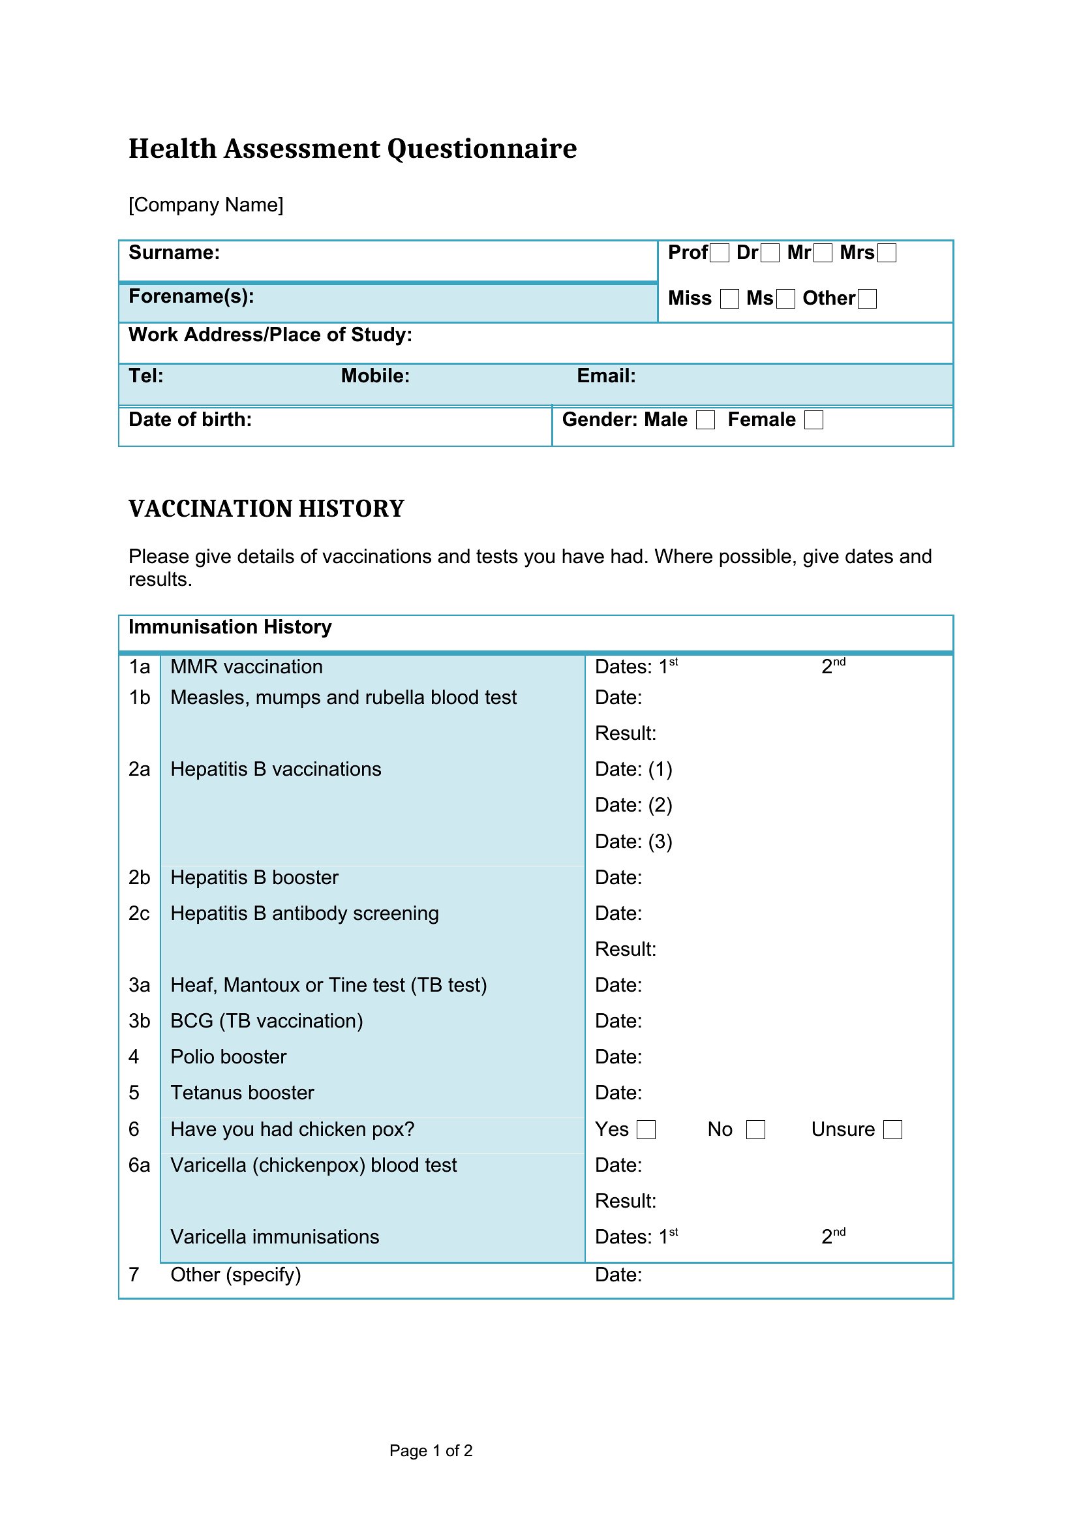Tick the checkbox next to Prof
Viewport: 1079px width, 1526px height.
[720, 253]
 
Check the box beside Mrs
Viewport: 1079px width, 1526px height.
[887, 253]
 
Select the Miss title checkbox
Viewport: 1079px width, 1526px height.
[729, 299]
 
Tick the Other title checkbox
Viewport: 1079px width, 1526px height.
[867, 299]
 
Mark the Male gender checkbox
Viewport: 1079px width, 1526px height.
[706, 420]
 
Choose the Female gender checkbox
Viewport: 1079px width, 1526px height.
[814, 420]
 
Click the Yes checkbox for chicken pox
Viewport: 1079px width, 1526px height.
[646, 1130]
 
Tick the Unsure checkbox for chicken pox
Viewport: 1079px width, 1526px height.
[893, 1130]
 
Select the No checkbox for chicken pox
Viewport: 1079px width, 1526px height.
[756, 1130]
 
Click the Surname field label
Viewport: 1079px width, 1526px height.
[174, 253]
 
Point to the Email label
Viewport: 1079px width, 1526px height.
[606, 376]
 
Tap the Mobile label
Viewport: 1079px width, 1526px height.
[375, 376]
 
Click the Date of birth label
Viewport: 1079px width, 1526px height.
[190, 420]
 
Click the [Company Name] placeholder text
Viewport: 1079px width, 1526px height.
[206, 205]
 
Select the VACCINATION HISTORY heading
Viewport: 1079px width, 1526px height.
[266, 509]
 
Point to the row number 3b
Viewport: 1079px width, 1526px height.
[140, 1021]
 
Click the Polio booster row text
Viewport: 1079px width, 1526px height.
[228, 1057]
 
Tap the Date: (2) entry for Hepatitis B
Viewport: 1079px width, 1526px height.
[634, 806]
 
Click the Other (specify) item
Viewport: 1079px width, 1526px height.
[236, 1275]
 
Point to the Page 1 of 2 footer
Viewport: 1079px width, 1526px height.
[431, 1451]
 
